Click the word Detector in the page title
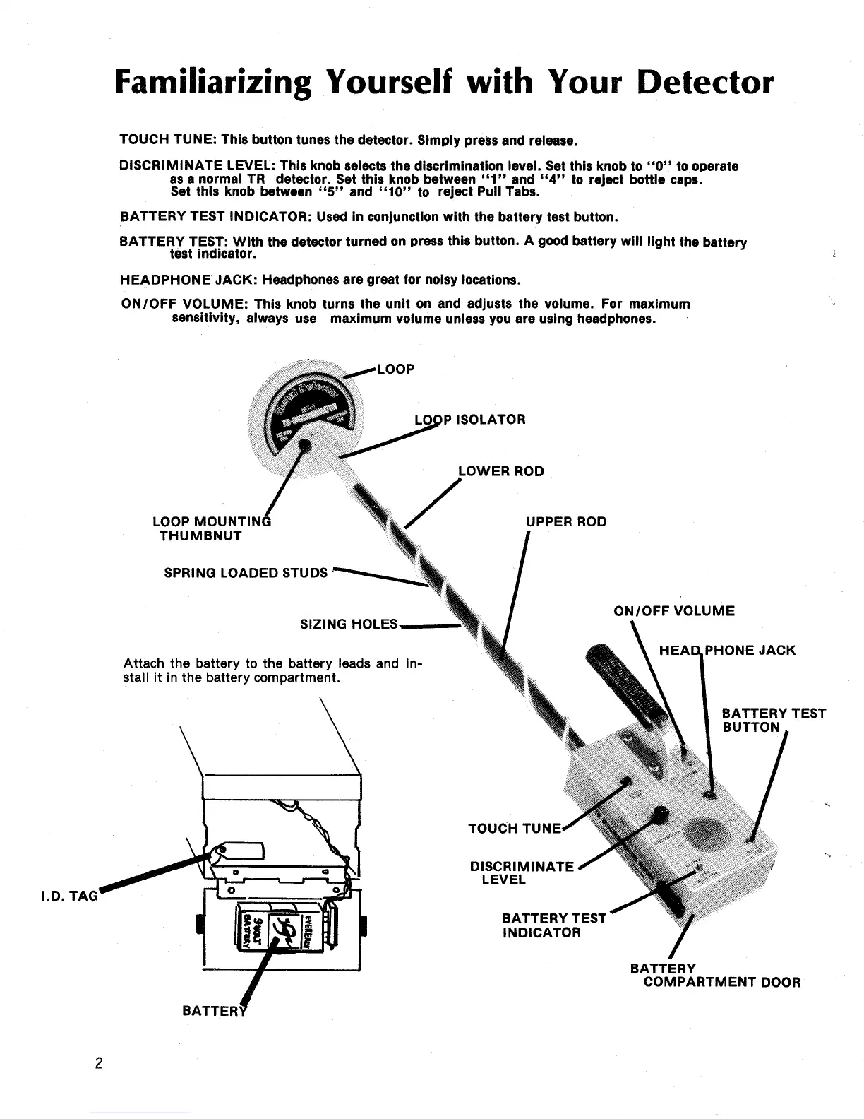704,83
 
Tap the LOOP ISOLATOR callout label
470,420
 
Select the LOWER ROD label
502,471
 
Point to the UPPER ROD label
566,522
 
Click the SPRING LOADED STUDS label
246,573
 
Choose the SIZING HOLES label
349,624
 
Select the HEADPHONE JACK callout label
727,650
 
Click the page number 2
99,1063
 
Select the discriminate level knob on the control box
661,814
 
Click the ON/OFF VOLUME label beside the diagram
674,611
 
